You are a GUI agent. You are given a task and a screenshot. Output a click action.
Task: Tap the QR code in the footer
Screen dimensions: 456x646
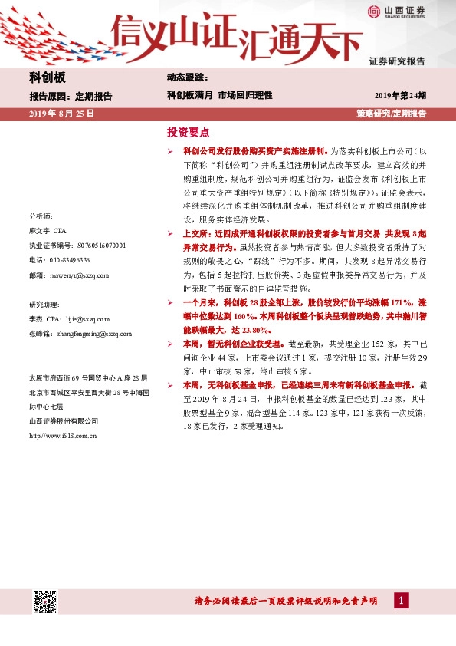tap(45, 602)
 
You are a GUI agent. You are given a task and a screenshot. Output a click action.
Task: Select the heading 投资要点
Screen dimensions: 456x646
tap(188, 131)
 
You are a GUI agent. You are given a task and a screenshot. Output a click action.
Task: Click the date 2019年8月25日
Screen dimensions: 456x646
tap(61, 114)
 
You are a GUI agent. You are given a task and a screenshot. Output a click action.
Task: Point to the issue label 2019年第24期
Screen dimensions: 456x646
tap(400, 96)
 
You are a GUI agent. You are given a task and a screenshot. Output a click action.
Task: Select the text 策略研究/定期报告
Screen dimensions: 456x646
tap(392, 114)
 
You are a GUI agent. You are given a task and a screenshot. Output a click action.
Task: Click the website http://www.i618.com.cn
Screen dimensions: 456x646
tap(64, 435)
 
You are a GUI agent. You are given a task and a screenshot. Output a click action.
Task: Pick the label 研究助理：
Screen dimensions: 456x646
tap(44, 303)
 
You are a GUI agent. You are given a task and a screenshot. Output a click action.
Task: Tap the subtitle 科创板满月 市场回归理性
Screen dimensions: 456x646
tap(219, 96)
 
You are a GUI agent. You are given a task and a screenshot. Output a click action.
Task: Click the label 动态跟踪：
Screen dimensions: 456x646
tap(186, 78)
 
